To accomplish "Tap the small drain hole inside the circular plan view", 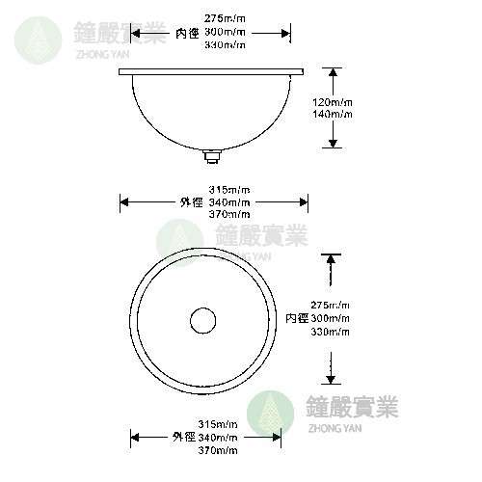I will [x=202, y=319].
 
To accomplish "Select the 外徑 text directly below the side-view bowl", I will [x=190, y=202].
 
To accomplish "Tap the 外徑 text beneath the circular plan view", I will [x=184, y=437].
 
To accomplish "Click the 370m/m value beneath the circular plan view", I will [x=219, y=450].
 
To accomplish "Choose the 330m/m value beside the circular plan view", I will [x=331, y=332].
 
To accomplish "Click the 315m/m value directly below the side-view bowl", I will [x=229, y=189].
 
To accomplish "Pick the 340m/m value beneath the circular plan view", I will [x=219, y=437].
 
